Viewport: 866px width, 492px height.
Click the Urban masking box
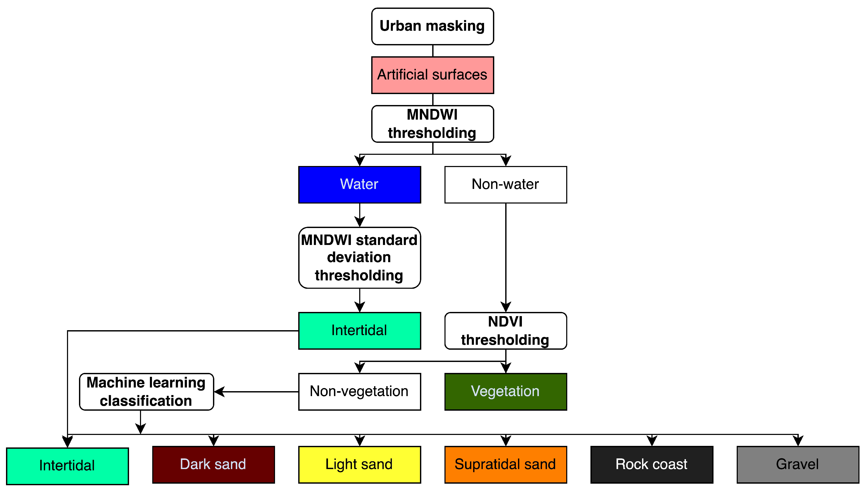432,26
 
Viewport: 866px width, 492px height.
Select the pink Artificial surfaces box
432,75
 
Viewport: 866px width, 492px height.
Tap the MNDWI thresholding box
432,124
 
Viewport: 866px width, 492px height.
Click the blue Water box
359,185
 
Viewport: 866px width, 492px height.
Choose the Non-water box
505,185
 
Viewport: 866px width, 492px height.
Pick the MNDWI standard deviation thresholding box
359,257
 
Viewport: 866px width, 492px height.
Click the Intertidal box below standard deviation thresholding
359,330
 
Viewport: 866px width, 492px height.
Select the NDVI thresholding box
505,330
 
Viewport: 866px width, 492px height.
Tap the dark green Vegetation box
505,391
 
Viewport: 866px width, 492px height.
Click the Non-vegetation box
359,391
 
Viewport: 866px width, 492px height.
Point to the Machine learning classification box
146,391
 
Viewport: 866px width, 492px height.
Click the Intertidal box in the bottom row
67,466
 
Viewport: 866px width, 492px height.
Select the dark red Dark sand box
213,464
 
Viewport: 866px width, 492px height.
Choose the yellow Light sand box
359,464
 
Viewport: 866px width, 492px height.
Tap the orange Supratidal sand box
505,464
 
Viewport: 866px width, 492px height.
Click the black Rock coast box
651,464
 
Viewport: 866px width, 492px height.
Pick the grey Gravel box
797,464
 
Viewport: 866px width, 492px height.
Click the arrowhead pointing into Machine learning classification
219,392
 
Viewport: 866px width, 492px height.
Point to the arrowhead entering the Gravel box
798,441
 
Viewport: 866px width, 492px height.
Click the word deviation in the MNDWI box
359,257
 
